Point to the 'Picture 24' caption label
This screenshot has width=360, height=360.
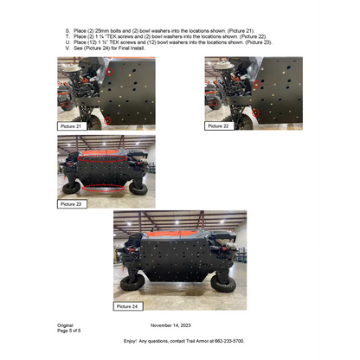(x=131, y=305)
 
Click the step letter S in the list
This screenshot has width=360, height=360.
(x=67, y=30)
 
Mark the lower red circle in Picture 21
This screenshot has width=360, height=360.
(x=106, y=119)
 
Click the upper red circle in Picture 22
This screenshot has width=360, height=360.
(x=257, y=84)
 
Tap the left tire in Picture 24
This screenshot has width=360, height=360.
(x=132, y=282)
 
